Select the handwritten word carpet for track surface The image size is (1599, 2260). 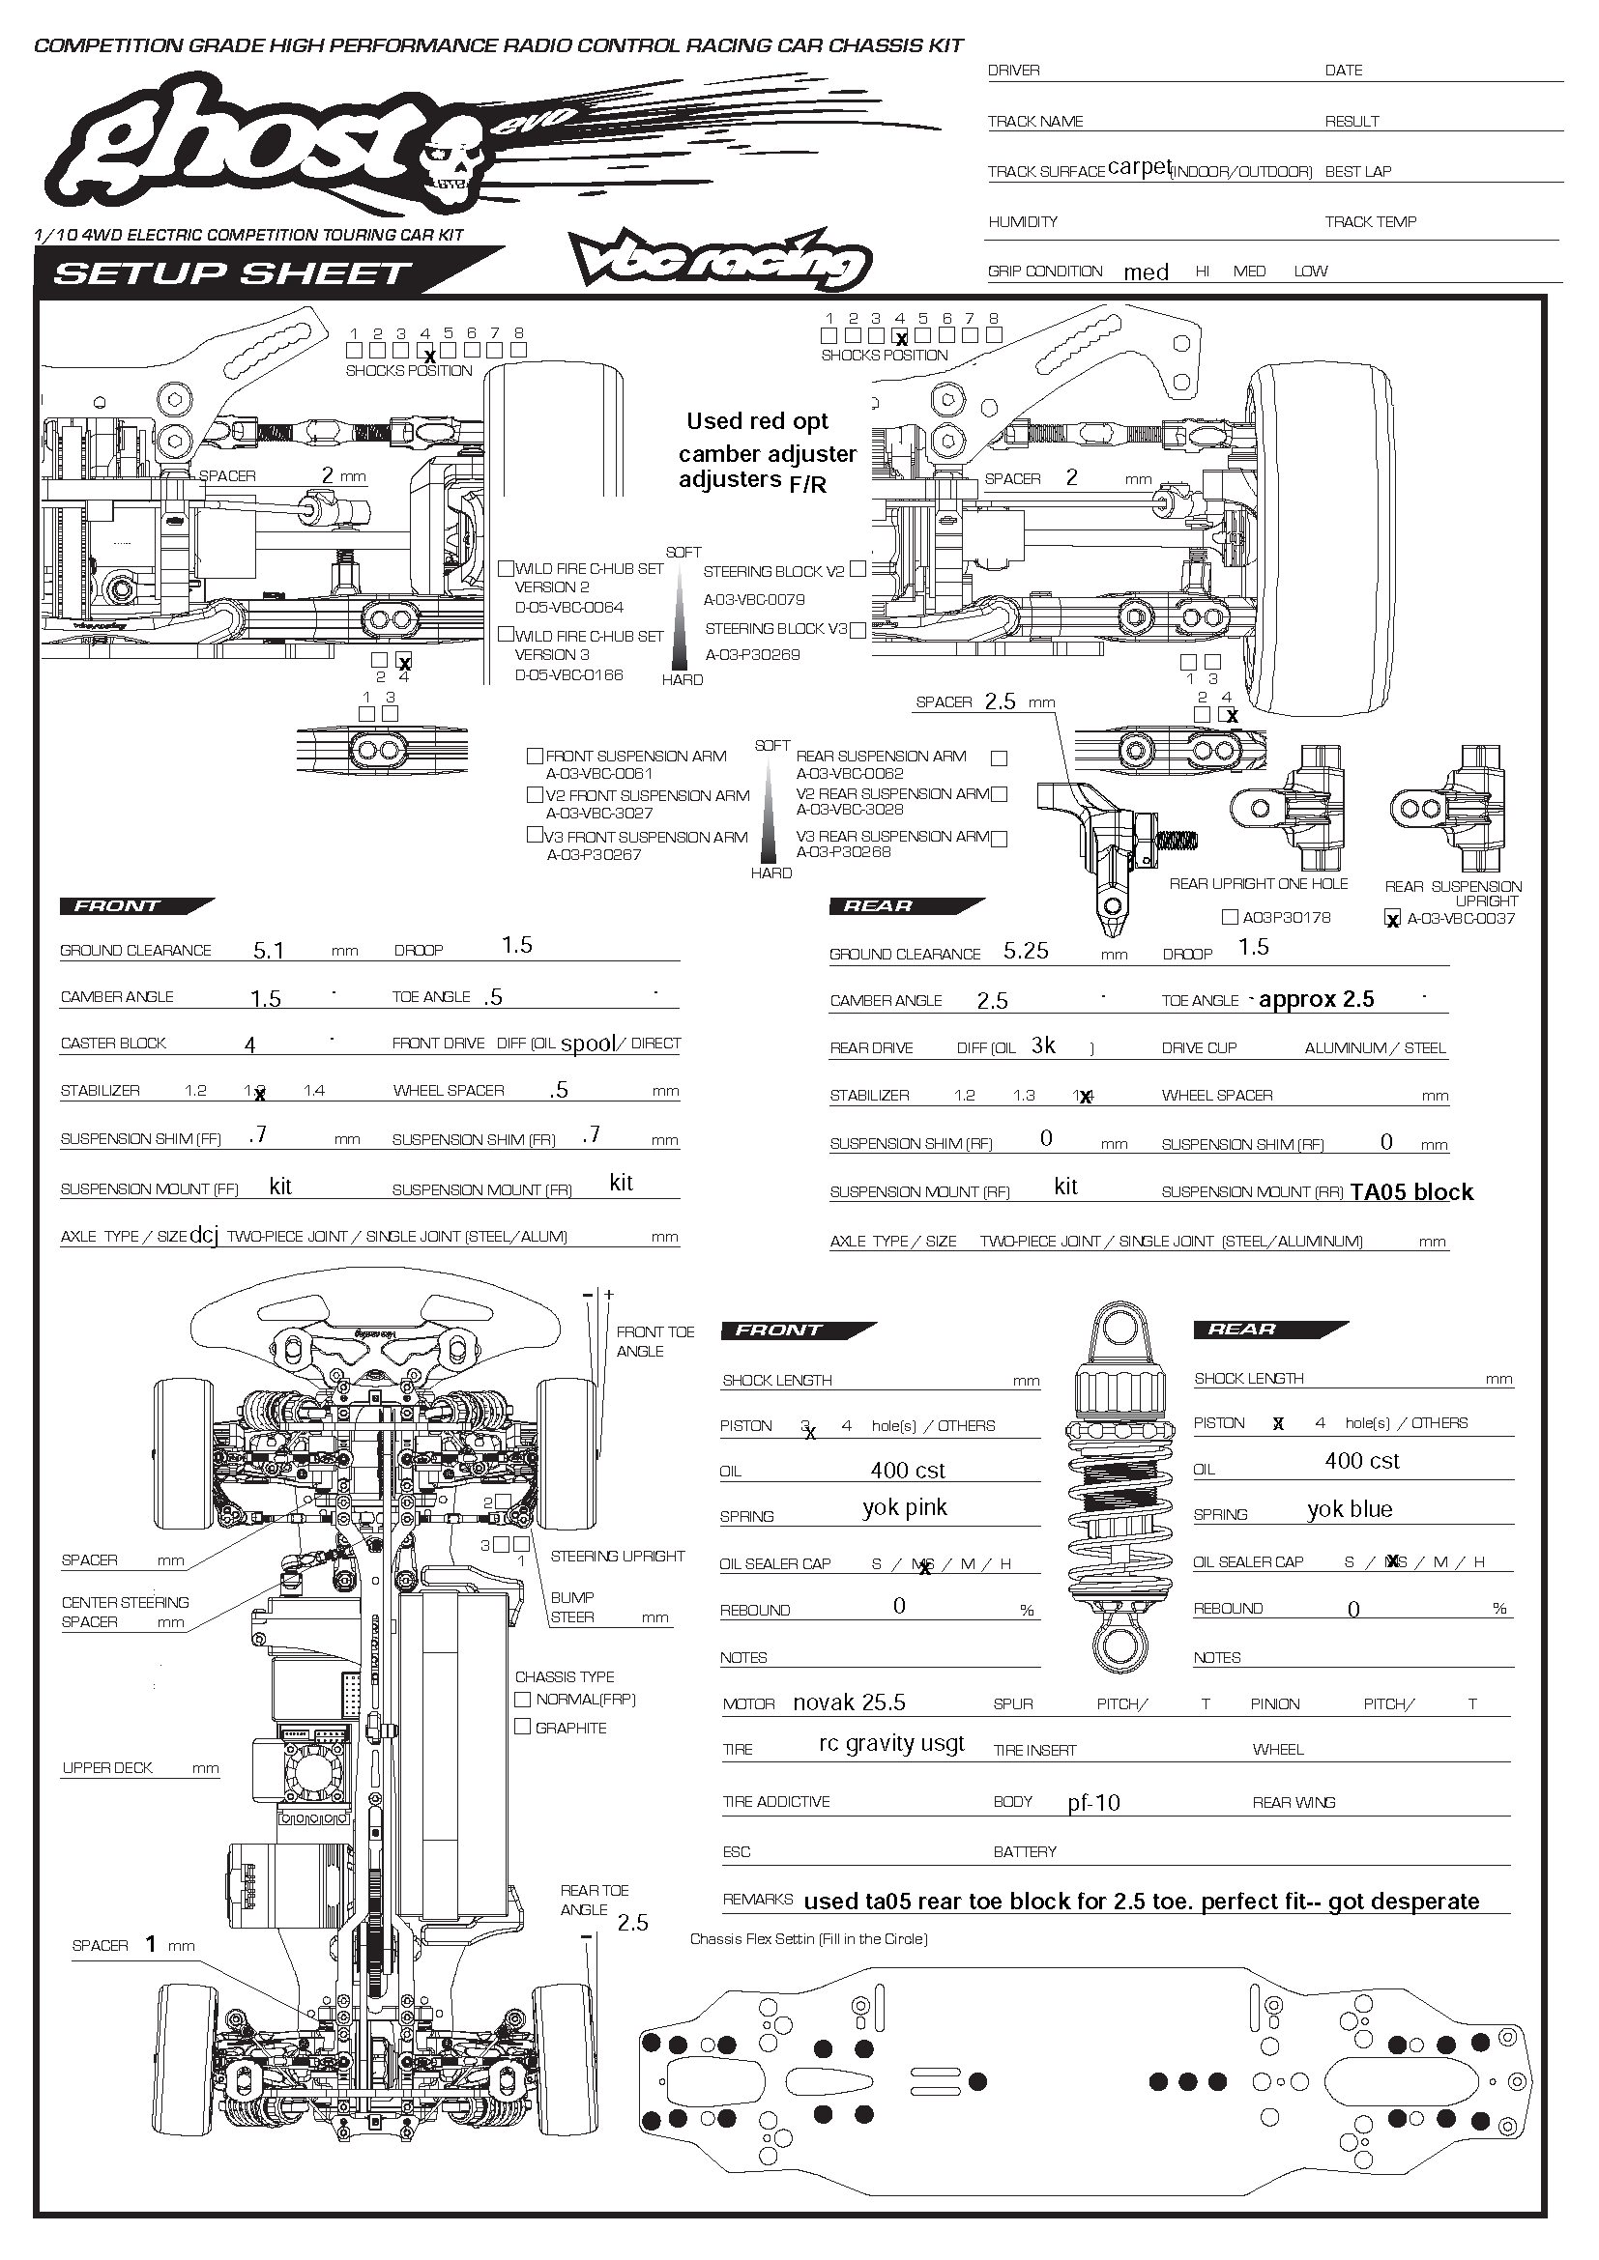pyautogui.click(x=1138, y=166)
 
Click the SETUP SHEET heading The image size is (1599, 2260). pyautogui.click(x=232, y=272)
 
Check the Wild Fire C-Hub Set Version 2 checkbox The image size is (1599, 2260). pyautogui.click(x=506, y=568)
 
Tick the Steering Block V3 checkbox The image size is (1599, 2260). pyautogui.click(x=858, y=630)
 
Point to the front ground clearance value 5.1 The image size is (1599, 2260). pyautogui.click(x=268, y=950)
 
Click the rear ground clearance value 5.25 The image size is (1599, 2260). pyautogui.click(x=1025, y=951)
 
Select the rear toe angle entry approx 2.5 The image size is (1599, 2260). pyautogui.click(x=1316, y=999)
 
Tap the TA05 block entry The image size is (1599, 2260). pyautogui.click(x=1410, y=1192)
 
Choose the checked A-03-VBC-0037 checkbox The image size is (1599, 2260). pyautogui.click(x=1392, y=919)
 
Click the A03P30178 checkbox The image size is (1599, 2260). pyautogui.click(x=1229, y=917)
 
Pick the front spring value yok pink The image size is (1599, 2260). pyautogui.click(x=904, y=1507)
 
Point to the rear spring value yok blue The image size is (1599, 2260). pyautogui.click(x=1349, y=1509)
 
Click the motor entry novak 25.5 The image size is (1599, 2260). pyautogui.click(x=849, y=1702)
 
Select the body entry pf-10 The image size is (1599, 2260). pyautogui.click(x=1093, y=1802)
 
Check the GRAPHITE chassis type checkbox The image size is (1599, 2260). pyautogui.click(x=523, y=1727)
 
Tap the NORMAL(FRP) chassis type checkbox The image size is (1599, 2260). pyautogui.click(x=523, y=1699)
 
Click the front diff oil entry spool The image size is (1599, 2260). pyautogui.click(x=588, y=1044)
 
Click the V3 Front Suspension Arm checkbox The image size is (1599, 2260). pyautogui.click(x=535, y=836)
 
